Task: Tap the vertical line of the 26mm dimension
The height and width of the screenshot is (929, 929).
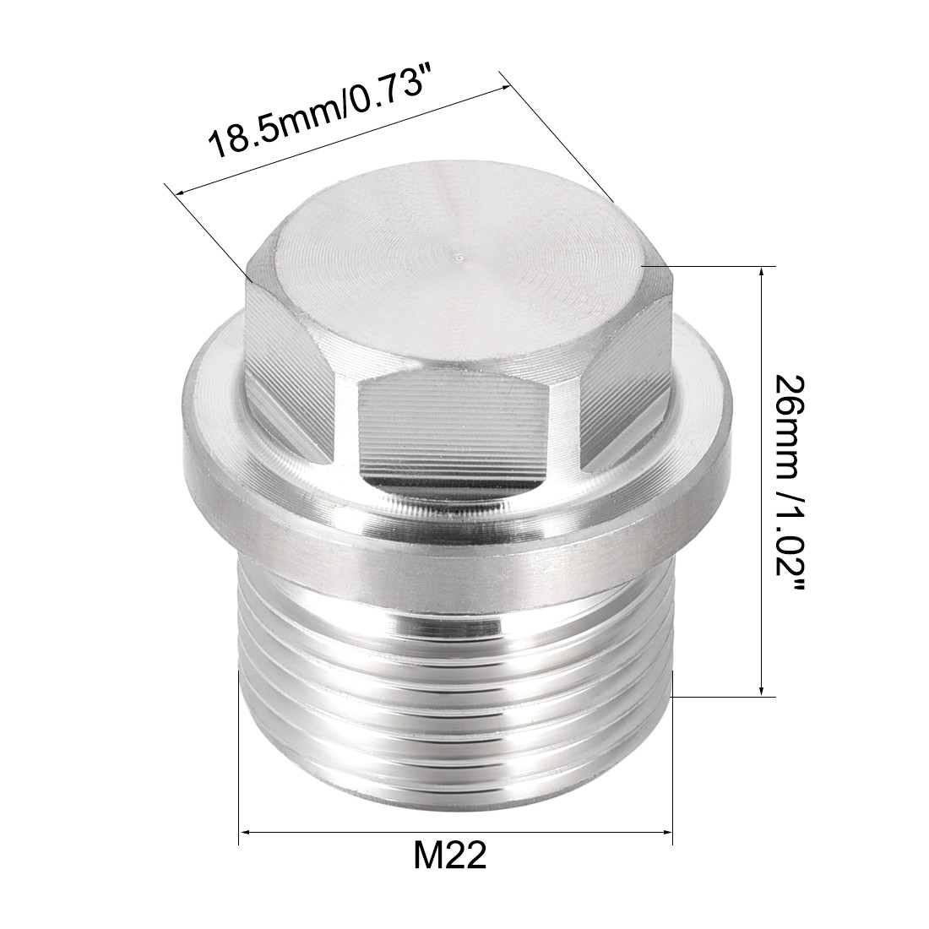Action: [763, 481]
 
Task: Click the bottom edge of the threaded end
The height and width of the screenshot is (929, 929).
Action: [456, 790]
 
